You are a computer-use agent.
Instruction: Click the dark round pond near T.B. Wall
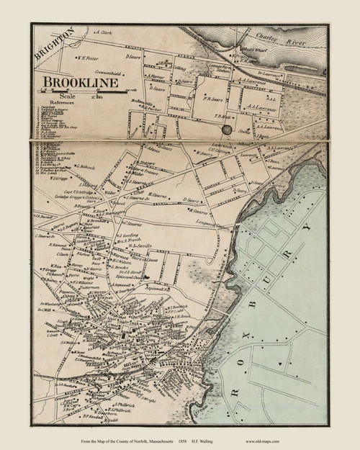coord(228,130)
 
